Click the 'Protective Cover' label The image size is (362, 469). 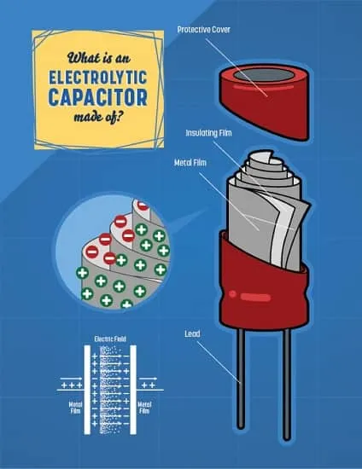(203, 30)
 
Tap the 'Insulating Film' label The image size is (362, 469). (208, 133)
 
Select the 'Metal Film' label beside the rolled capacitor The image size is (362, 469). (190, 163)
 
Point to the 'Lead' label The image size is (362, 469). (192, 333)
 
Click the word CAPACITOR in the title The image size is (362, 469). (98, 97)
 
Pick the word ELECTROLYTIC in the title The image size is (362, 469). (98, 78)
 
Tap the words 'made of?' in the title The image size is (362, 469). (98, 116)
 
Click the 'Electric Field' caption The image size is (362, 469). (110, 339)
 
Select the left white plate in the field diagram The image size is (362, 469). (87, 390)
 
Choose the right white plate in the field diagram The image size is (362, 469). (133, 390)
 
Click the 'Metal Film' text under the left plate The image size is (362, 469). (75, 408)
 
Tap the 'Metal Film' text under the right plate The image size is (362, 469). (144, 408)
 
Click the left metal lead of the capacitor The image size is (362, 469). (241, 379)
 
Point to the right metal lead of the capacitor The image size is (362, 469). (287, 384)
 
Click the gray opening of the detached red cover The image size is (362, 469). (264, 74)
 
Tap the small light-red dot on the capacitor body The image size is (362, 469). (232, 294)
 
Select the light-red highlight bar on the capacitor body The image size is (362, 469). (256, 298)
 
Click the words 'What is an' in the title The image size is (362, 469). (99, 58)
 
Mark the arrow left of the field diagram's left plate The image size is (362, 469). (71, 379)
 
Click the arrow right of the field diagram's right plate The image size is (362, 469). (149, 379)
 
